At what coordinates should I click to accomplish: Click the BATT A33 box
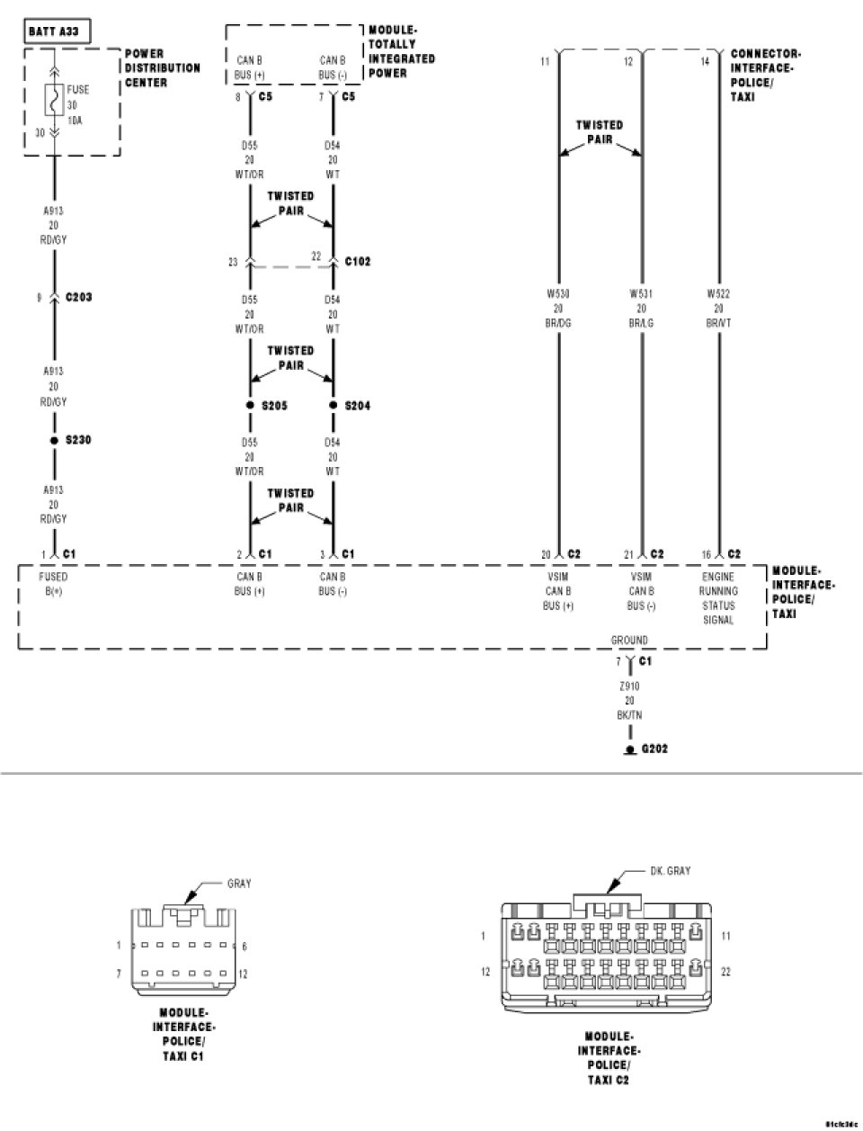point(54,32)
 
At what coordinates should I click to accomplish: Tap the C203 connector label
point(78,297)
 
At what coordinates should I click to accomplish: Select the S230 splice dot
point(54,441)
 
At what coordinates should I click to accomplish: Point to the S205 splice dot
point(250,406)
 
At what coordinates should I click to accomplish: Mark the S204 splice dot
point(334,406)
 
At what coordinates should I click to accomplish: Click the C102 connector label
point(357,262)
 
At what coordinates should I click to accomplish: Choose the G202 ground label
point(654,748)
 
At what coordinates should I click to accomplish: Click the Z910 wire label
point(629,686)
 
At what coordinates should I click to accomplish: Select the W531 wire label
point(642,293)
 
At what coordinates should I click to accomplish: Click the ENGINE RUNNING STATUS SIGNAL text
point(718,598)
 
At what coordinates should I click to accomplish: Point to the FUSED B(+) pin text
point(54,584)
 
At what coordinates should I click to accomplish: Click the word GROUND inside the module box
point(629,641)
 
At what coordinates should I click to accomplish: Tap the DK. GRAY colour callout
point(670,871)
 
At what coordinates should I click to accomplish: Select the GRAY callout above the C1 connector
point(239,884)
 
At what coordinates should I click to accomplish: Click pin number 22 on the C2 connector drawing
point(726,972)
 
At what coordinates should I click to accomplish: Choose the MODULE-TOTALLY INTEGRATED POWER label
point(402,51)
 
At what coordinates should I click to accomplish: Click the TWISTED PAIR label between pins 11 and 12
point(600,132)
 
